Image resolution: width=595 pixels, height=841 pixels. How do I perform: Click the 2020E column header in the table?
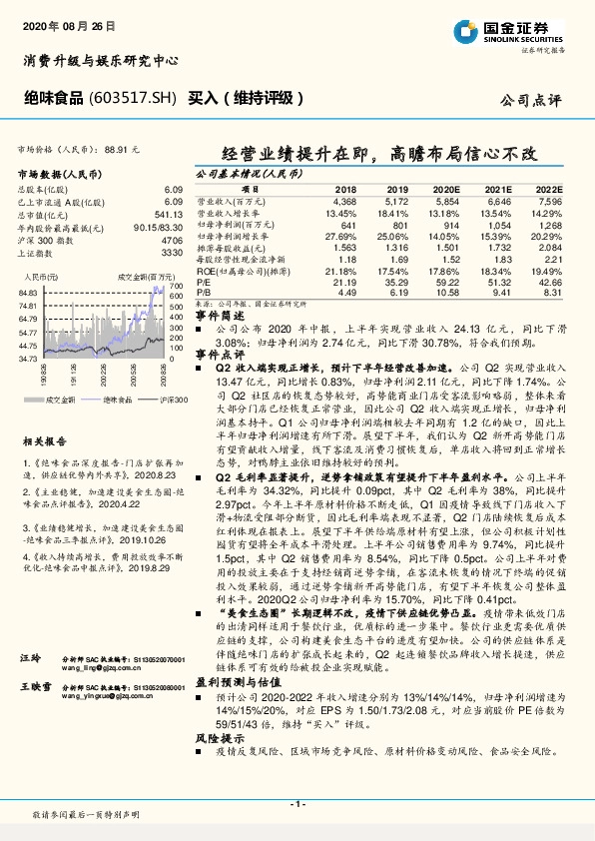point(451,188)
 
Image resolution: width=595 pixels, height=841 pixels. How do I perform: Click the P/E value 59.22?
point(450,283)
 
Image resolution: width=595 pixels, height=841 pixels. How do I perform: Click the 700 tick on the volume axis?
point(177,285)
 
